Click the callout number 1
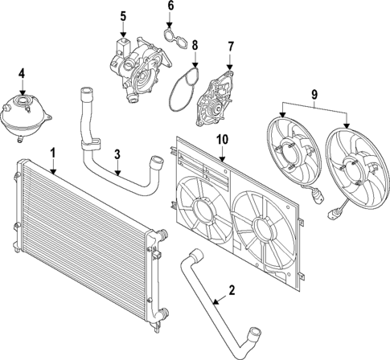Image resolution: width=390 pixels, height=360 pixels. coord(53,151)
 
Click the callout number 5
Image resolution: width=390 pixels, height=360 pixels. coord(123,16)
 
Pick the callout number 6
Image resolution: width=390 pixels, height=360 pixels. coord(170,6)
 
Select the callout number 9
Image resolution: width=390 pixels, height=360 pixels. coord(314,95)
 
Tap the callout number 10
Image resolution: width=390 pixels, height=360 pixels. coord(221,140)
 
